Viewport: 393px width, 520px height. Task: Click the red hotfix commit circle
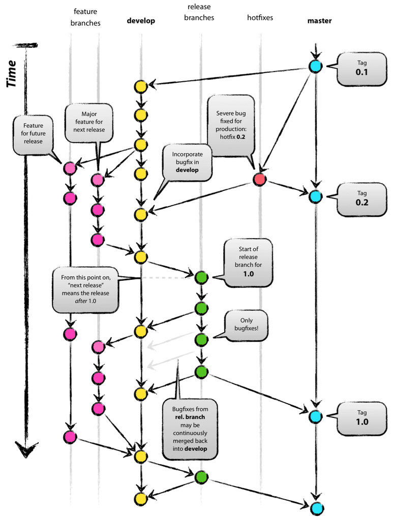click(x=260, y=179)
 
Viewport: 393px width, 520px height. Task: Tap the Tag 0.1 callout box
click(x=361, y=69)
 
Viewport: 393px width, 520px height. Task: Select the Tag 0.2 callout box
click(x=361, y=198)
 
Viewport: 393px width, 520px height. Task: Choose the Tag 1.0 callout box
click(x=361, y=418)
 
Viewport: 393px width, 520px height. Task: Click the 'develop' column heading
click(x=141, y=21)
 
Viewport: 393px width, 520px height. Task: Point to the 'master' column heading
click(x=320, y=21)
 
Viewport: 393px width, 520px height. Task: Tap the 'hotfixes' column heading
click(x=260, y=18)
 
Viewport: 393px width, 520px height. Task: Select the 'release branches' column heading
click(x=201, y=13)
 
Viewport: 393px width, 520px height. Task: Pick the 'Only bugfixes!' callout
click(x=246, y=324)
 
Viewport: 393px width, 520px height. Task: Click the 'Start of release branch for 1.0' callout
click(x=249, y=261)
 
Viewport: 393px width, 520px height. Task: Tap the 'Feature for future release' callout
click(x=33, y=133)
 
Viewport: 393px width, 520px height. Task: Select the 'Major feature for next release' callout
click(x=89, y=122)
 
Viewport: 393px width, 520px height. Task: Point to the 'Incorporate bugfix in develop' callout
click(x=187, y=162)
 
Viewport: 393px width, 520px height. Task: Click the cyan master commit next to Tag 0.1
click(x=316, y=66)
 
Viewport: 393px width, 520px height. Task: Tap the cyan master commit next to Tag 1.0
click(x=316, y=416)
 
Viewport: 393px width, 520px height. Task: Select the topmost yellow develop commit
click(x=141, y=86)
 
